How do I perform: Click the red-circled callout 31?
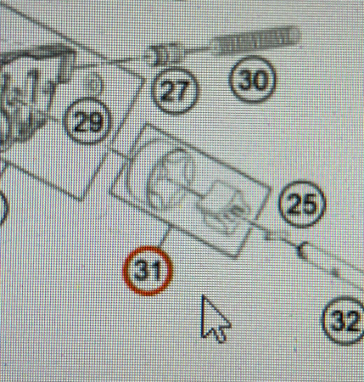[x=148, y=271]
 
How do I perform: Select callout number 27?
[x=174, y=91]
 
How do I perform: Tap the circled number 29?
[x=87, y=121]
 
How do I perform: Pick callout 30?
[x=253, y=80]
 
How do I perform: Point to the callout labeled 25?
[x=302, y=204]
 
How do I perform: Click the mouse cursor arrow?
[x=214, y=318]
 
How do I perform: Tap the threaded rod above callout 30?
[x=256, y=40]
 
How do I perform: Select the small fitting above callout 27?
[x=164, y=54]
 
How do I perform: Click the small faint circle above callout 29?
[x=93, y=84]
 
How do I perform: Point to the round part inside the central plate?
[x=171, y=180]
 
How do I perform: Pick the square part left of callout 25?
[x=227, y=205]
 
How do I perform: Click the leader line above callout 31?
[x=165, y=239]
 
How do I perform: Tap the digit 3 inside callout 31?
[x=142, y=271]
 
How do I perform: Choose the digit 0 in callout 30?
[x=260, y=80]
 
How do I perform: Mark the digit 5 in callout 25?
[x=309, y=204]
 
